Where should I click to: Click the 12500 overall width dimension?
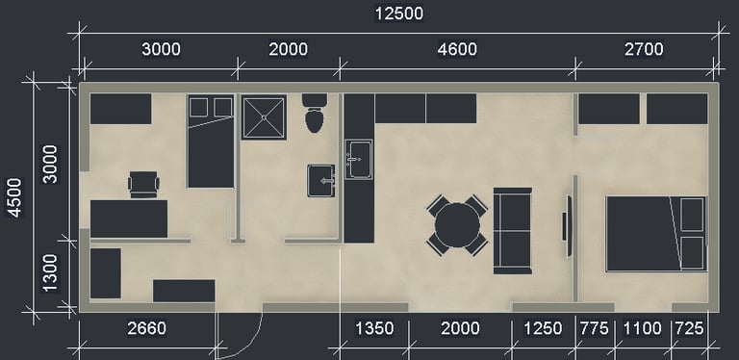(x=398, y=13)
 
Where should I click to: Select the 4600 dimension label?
(x=457, y=49)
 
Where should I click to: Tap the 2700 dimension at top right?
(x=644, y=49)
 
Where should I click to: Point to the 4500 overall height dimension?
(x=14, y=197)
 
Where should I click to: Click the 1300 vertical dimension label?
(x=49, y=272)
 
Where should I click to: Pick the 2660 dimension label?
(x=146, y=328)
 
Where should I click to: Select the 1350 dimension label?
(x=374, y=328)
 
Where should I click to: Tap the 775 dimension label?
(x=594, y=328)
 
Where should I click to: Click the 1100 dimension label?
(x=643, y=328)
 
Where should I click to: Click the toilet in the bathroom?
(x=315, y=113)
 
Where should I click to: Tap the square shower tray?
(x=264, y=117)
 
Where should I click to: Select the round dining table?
(x=457, y=225)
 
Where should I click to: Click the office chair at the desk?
(x=143, y=184)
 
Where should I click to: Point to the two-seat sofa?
(x=512, y=230)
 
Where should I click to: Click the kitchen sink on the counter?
(x=358, y=159)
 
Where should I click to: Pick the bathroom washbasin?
(x=321, y=180)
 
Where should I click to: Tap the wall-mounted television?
(x=567, y=225)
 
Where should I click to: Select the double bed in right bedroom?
(x=656, y=234)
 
